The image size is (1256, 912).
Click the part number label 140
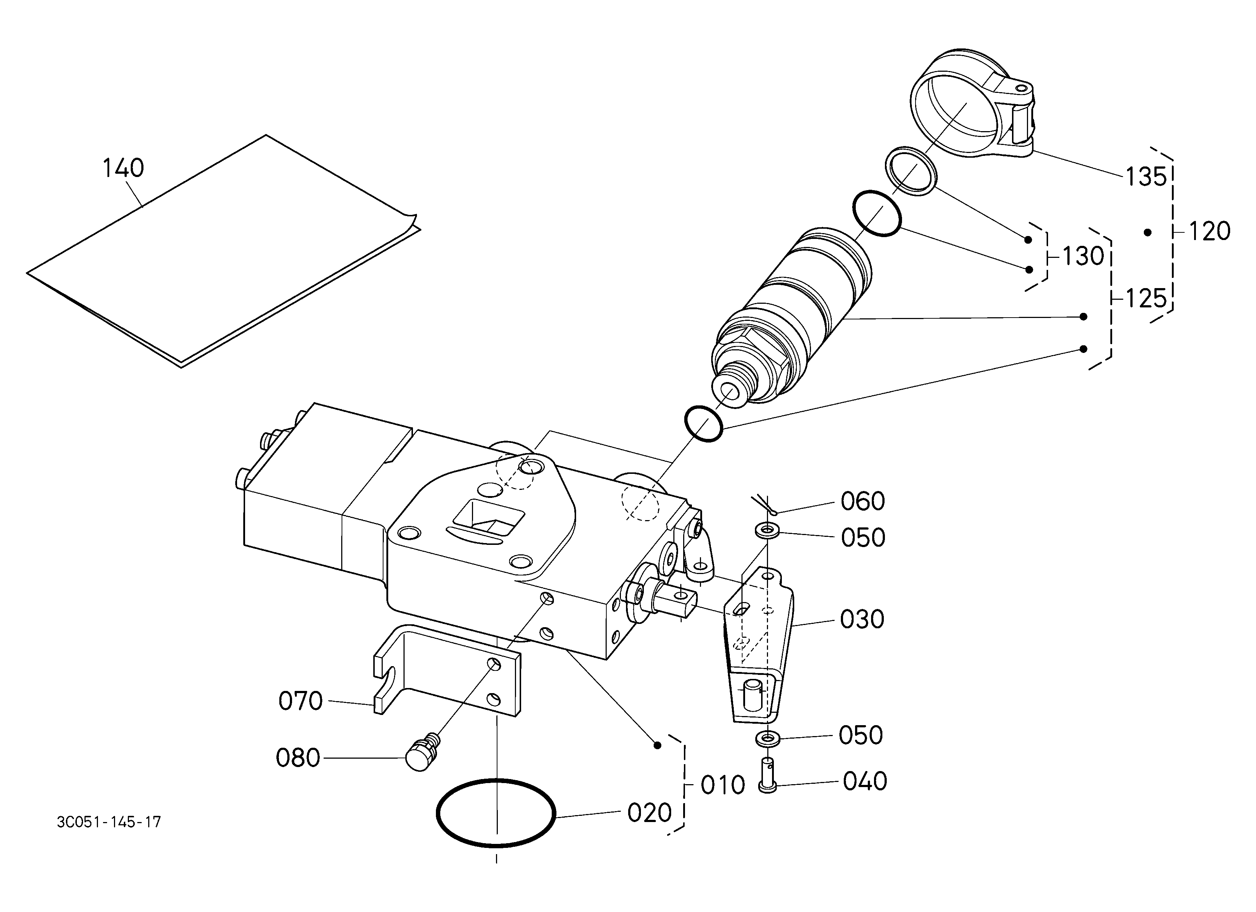tap(123, 168)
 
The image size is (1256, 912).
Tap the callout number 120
tap(1209, 231)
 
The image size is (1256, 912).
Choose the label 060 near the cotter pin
tap(863, 501)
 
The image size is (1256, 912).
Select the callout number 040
tap(865, 781)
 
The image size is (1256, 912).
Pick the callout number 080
tap(298, 758)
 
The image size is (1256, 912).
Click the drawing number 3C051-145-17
tap(109, 822)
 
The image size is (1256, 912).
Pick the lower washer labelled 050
tap(767, 738)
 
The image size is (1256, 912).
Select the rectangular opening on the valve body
tap(488, 519)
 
